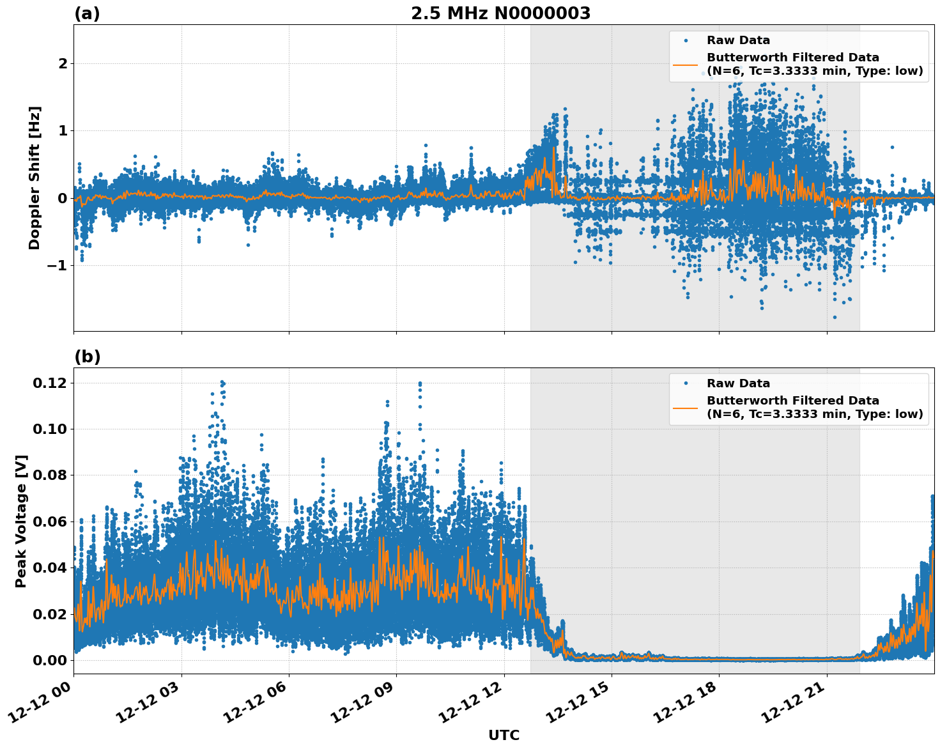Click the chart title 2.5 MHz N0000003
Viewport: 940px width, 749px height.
[x=500, y=13]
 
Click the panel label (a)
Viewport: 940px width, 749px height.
[x=87, y=13]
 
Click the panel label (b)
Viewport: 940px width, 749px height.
[x=87, y=357]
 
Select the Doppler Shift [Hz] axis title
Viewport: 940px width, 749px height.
[x=35, y=178]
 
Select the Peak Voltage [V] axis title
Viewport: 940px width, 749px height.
[x=21, y=521]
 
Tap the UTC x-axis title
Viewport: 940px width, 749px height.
[x=504, y=735]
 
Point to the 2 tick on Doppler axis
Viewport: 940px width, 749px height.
[x=63, y=64]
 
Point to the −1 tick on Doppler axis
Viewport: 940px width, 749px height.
[x=58, y=265]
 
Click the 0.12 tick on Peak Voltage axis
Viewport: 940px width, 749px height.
[x=50, y=383]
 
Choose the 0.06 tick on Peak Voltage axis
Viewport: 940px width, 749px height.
[x=50, y=521]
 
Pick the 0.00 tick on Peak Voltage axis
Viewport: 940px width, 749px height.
[x=50, y=660]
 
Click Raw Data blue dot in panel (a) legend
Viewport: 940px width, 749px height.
[x=686, y=40]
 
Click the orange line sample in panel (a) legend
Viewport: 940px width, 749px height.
[x=686, y=65]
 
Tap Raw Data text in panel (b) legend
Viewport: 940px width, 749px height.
[x=738, y=383]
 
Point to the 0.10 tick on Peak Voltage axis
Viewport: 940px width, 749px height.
[x=50, y=429]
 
